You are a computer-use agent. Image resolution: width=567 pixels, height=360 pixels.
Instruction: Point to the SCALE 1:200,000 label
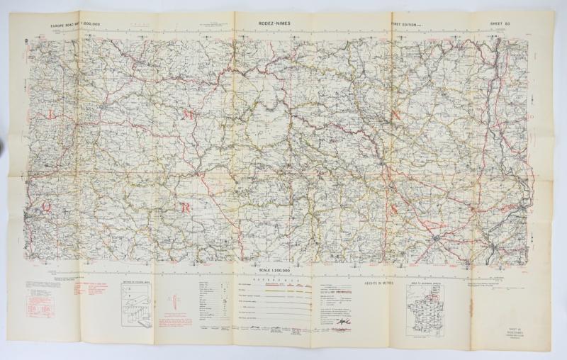pos(274,273)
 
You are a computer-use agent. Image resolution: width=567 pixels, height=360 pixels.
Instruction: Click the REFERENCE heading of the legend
pos(273,281)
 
